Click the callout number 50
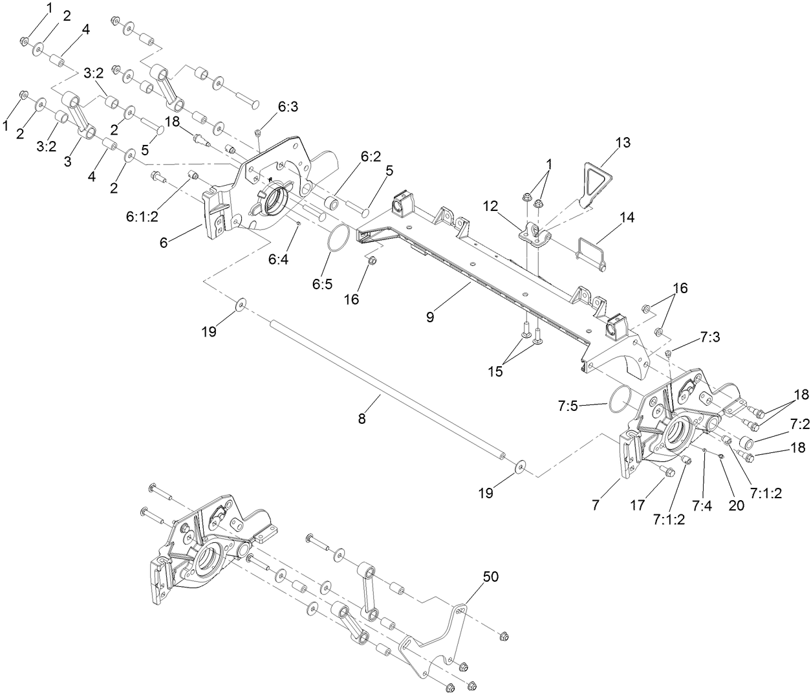point(491,577)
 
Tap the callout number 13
point(623,142)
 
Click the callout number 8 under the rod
point(362,419)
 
